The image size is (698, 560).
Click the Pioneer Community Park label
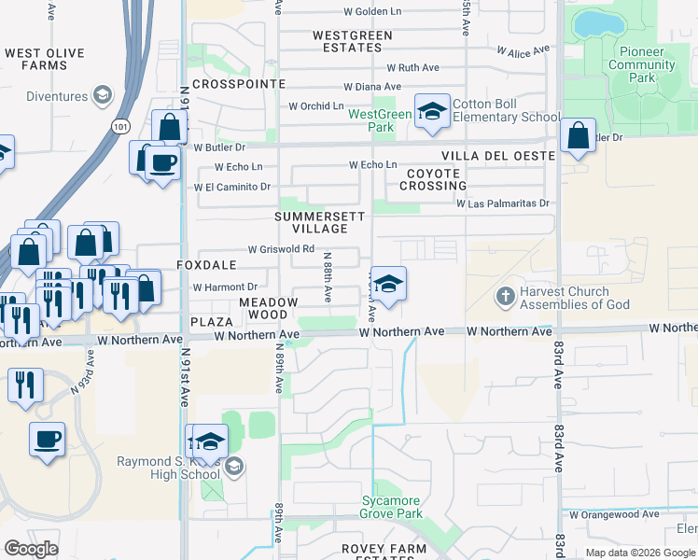point(642,59)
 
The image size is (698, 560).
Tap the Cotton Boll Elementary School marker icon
point(431,112)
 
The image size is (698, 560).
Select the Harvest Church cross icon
point(505,297)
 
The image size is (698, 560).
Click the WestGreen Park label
point(380,120)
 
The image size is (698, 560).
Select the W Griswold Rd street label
point(280,249)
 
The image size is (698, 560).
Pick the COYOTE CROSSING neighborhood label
point(434,179)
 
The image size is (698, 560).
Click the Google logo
point(32,549)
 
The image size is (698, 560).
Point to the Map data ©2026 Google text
point(638,553)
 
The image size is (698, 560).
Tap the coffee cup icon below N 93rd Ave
point(47,438)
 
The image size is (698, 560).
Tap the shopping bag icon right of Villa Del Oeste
point(578,136)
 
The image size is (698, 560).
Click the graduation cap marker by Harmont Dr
point(390,286)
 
